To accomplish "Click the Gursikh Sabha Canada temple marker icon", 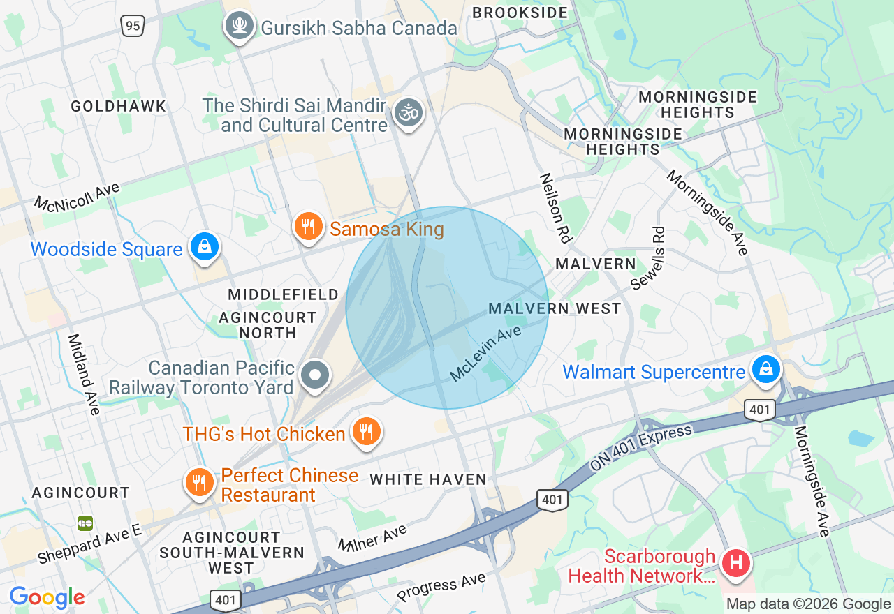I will coord(240,27).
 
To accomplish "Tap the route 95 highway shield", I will coord(132,26).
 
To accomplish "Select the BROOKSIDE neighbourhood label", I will coord(520,13).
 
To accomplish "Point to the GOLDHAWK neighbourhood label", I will coord(119,106).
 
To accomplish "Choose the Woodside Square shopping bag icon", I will coord(205,246).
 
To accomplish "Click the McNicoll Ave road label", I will coord(78,197).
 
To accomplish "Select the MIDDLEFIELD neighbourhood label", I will coord(284,294).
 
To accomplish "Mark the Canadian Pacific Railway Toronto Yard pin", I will coord(315,375).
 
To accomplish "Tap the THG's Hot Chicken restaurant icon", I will coord(365,430).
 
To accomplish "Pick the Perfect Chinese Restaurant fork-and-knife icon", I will coord(200,482).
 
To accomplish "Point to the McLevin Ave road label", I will coord(485,353).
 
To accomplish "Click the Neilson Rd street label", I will coord(556,208).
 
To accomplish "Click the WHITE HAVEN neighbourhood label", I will coord(428,479).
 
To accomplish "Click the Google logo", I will coord(47,597).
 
